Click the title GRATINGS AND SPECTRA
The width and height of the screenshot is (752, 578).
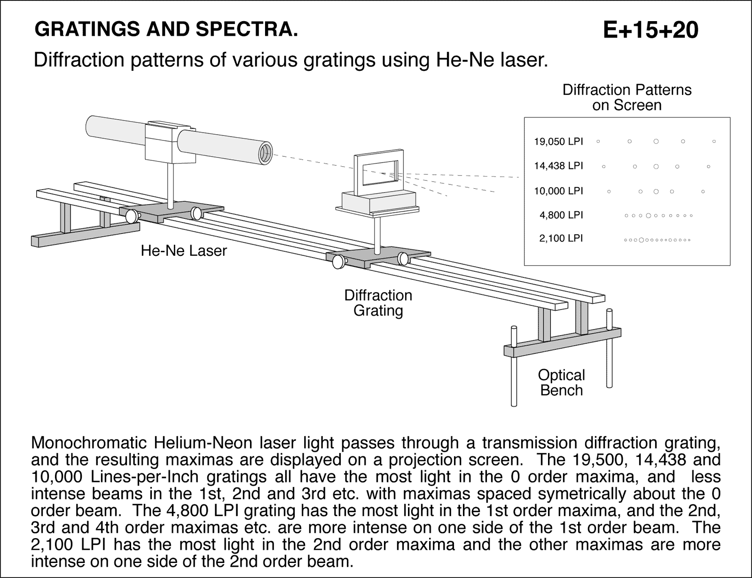point(166,30)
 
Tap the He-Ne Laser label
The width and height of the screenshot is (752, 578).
point(184,251)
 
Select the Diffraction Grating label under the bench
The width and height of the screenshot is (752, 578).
point(378,303)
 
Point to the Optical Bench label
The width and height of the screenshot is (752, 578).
point(561,382)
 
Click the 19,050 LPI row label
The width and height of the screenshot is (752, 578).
point(558,141)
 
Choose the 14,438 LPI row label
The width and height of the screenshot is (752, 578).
point(558,166)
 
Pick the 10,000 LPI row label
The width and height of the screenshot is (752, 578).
point(558,191)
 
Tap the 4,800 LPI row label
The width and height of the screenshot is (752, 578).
point(561,216)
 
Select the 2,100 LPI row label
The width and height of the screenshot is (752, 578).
point(561,239)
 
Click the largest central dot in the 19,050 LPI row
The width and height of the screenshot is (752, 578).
point(656,141)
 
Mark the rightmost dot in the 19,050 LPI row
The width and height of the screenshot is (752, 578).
point(714,141)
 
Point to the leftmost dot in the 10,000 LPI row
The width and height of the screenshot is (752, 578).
point(609,191)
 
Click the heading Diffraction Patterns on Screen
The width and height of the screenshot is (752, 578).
point(627,97)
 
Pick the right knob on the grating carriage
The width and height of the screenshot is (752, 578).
point(403,258)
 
